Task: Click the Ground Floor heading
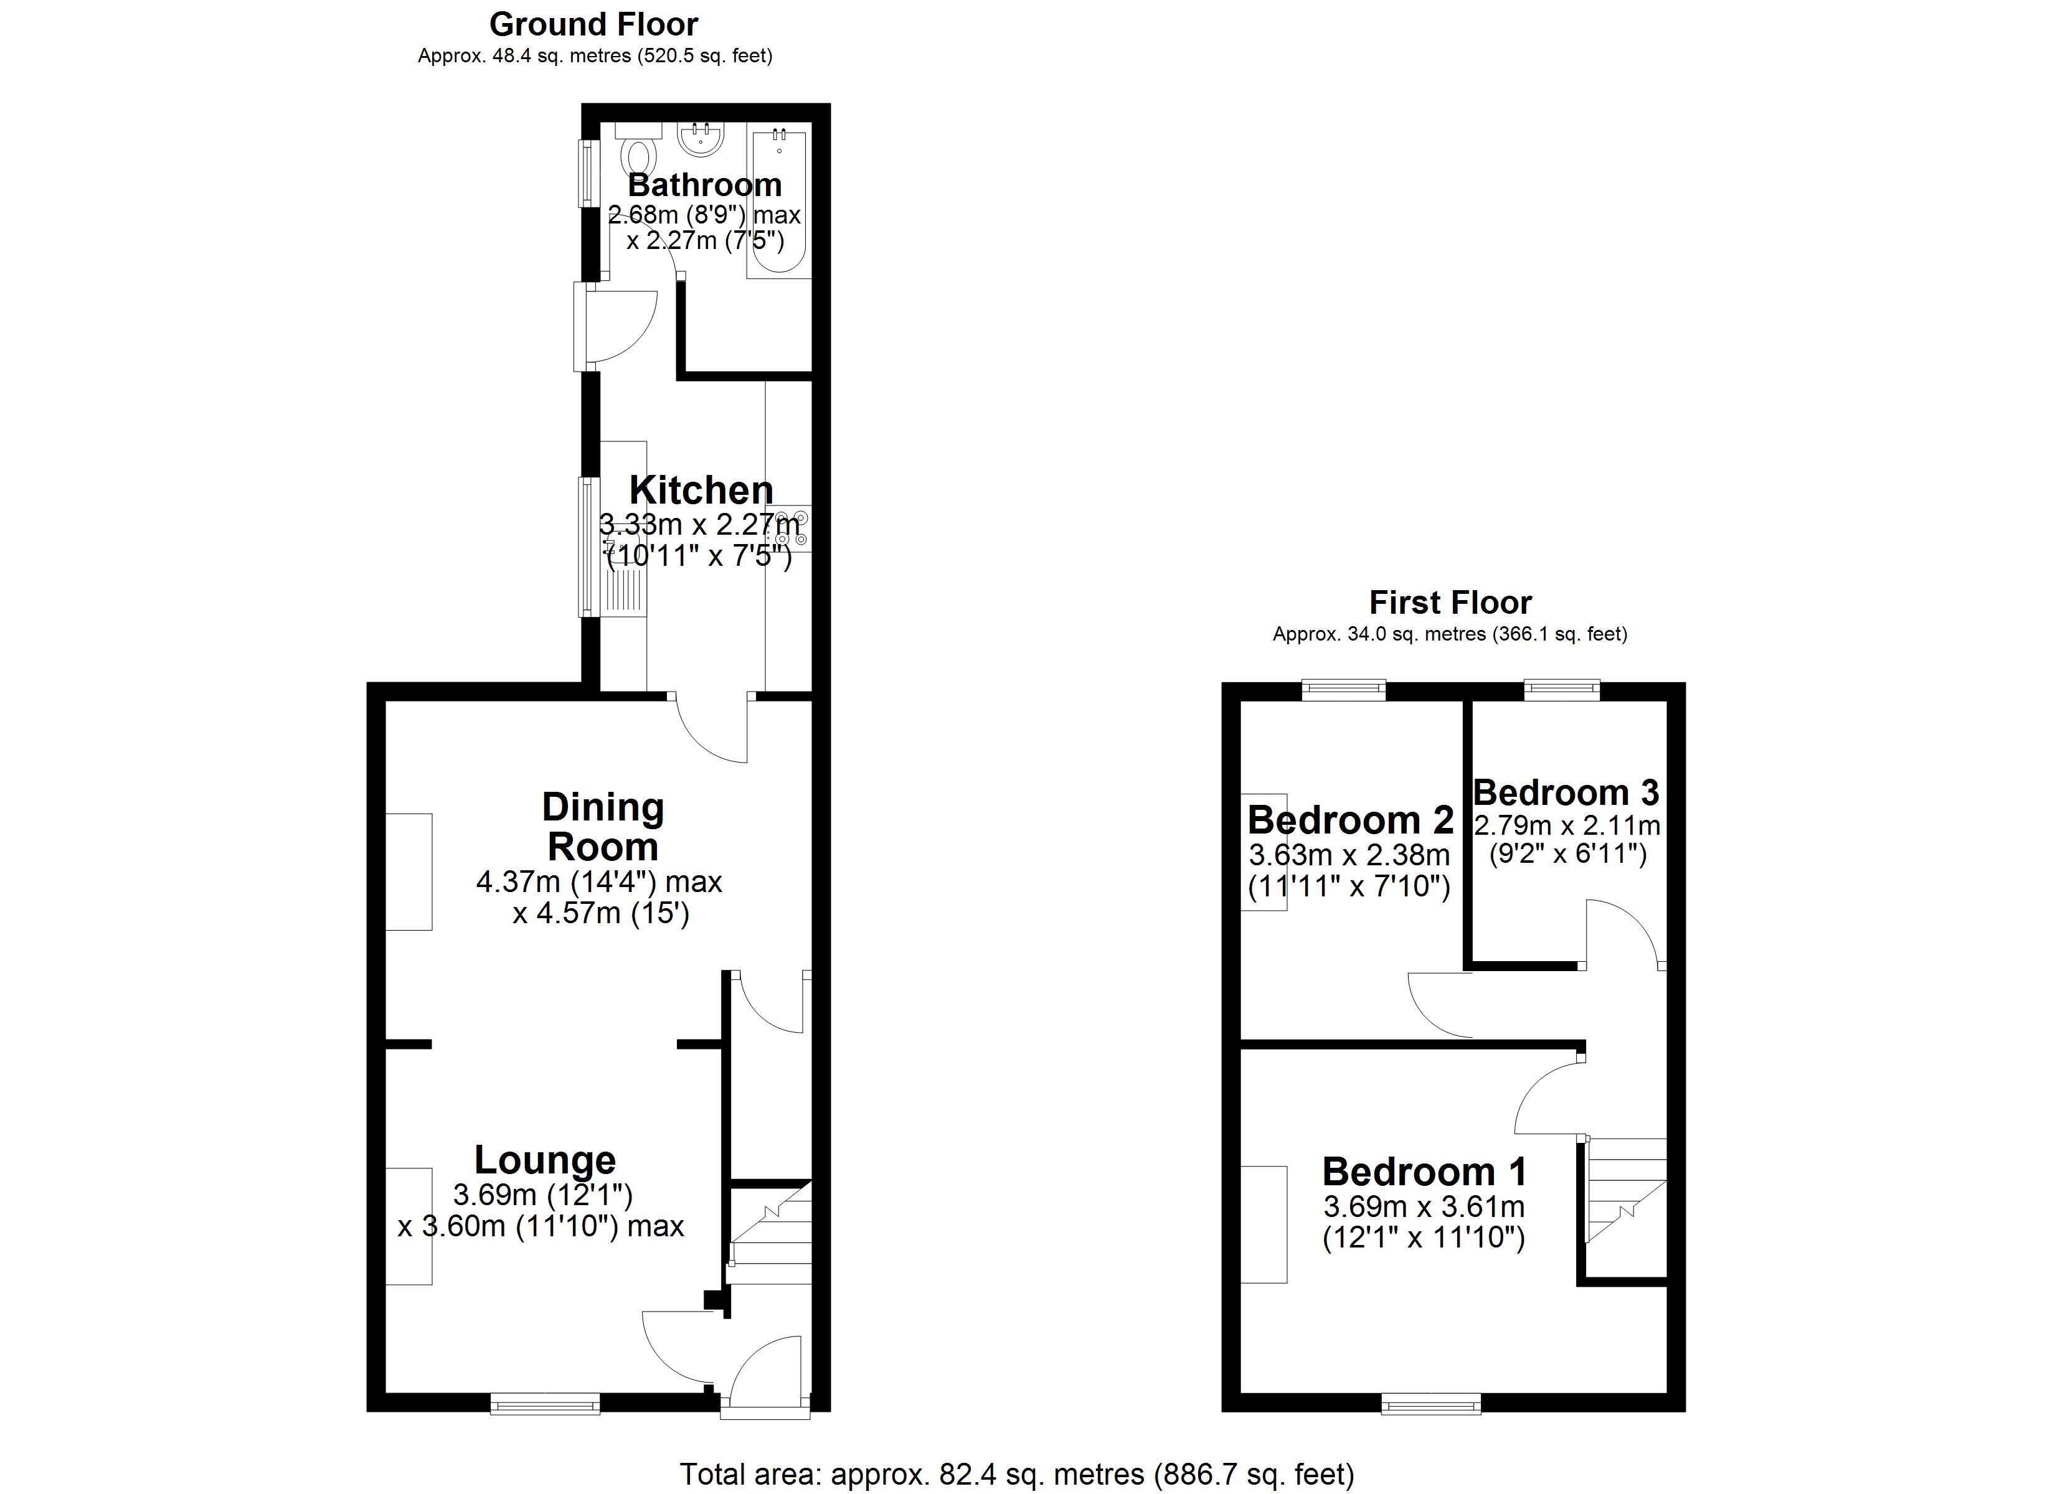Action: tap(593, 24)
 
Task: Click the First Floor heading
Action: tap(1450, 603)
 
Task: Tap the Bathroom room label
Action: tap(704, 185)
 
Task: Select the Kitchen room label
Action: tap(701, 490)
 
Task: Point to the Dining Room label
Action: tap(603, 826)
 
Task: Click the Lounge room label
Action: tap(544, 1160)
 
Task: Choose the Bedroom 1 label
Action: tap(1424, 1172)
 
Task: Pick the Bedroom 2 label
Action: tap(1350, 820)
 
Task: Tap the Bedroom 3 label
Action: tap(1566, 792)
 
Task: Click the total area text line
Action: tap(1017, 1474)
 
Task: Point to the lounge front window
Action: tap(544, 1404)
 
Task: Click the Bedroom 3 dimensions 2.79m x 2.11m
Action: tap(1567, 825)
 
